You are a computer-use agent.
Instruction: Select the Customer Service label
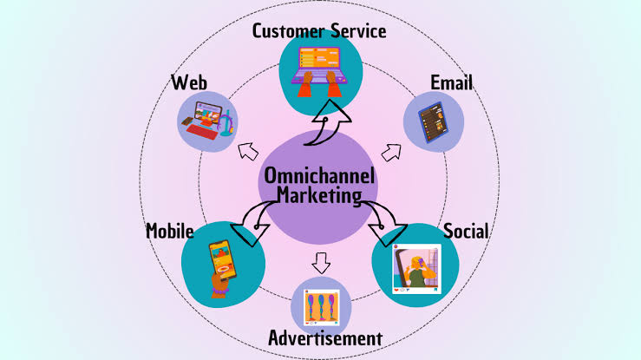pyautogui.click(x=319, y=31)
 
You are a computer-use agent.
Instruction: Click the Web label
pyautogui.click(x=189, y=83)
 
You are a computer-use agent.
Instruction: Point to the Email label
pyautogui.click(x=451, y=82)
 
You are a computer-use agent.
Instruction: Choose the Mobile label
pyautogui.click(x=169, y=232)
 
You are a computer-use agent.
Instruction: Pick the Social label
pyautogui.click(x=466, y=232)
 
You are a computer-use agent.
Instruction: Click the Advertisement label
pyautogui.click(x=325, y=337)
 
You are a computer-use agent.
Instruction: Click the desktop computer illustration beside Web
pyautogui.click(x=208, y=121)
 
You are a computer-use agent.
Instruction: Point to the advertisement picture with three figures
pyautogui.click(x=321, y=306)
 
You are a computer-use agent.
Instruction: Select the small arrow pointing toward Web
pyautogui.click(x=247, y=148)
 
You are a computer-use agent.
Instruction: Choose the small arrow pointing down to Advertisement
pyautogui.click(x=321, y=260)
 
